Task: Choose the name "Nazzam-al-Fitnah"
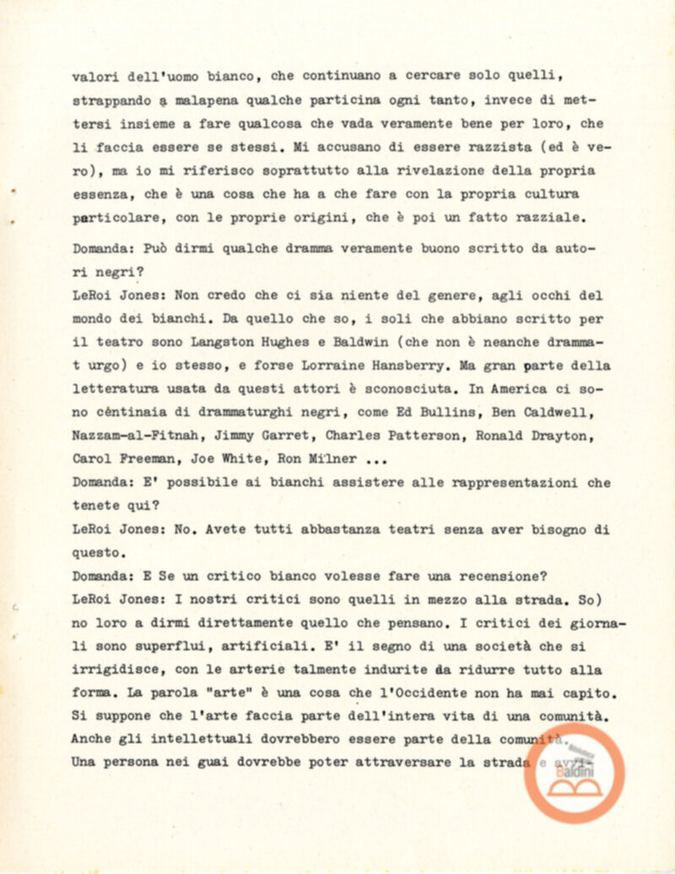click(127, 437)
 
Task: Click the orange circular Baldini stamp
click(575, 772)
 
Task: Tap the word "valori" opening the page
click(94, 76)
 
